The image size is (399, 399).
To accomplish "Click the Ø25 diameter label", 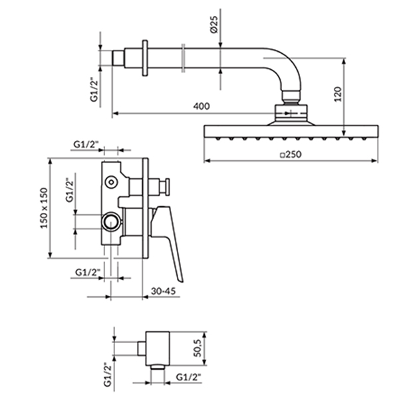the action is click(x=214, y=25).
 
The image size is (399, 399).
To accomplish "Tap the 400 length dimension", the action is click(x=201, y=106).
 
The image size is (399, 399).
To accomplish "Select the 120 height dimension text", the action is click(x=338, y=94).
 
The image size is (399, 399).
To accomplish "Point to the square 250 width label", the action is click(x=291, y=154).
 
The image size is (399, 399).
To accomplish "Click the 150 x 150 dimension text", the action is click(x=44, y=208).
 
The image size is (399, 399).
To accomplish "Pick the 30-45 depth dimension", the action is click(x=164, y=291).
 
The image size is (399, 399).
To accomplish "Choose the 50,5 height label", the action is click(x=198, y=348).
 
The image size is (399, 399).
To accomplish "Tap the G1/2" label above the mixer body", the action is click(x=86, y=144).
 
